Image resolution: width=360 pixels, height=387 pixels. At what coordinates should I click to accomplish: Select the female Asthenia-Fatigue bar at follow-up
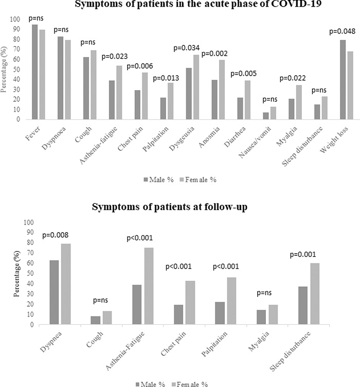tap(148, 286)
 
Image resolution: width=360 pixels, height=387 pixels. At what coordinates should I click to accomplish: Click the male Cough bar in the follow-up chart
tap(95, 320)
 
